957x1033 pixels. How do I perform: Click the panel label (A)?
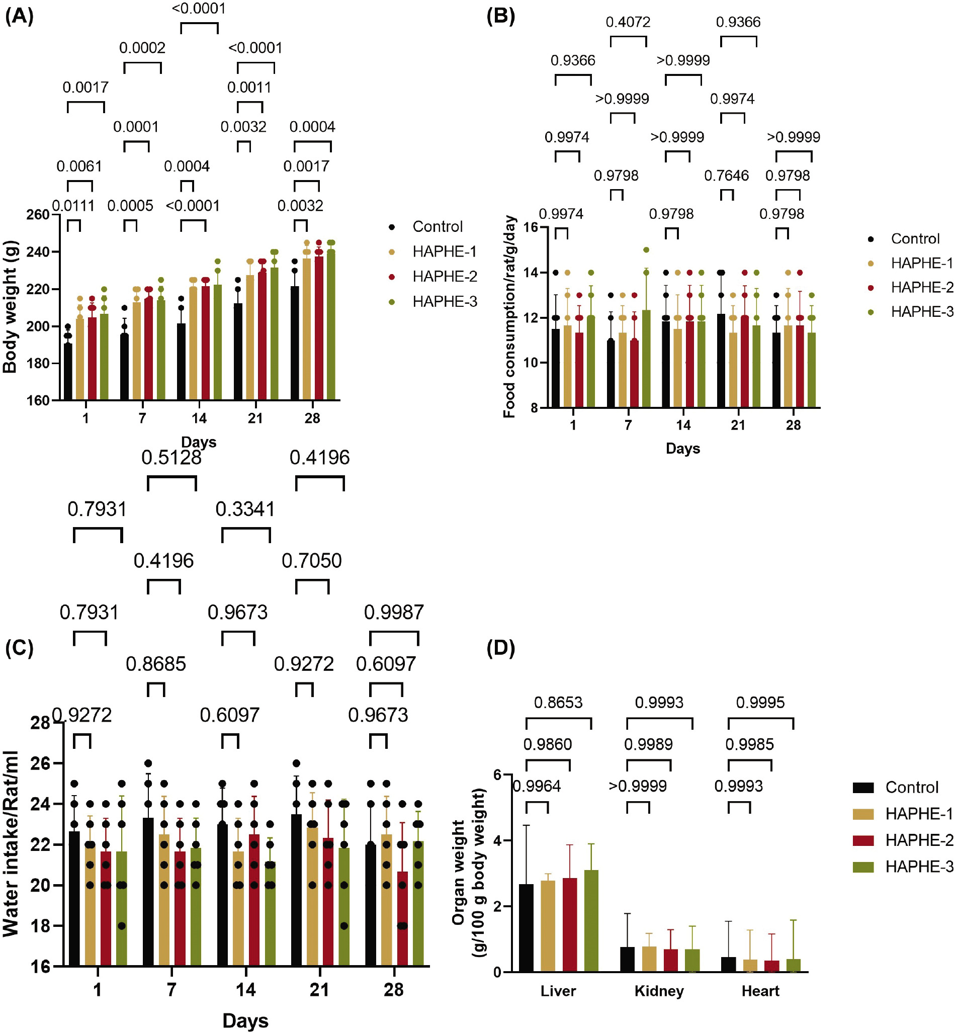click(19, 17)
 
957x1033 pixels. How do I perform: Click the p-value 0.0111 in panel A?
click(73, 206)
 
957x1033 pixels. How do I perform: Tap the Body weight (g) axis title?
click(11, 307)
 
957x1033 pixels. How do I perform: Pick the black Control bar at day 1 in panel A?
click(68, 371)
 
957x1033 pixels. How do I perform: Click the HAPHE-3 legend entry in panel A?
click(445, 301)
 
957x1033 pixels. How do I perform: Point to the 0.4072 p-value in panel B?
click(628, 22)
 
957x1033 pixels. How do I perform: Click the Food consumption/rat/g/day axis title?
click(509, 317)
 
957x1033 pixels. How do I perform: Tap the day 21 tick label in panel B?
click(738, 425)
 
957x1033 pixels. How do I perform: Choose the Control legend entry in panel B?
click(915, 239)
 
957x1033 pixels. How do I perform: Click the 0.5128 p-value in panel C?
click(171, 458)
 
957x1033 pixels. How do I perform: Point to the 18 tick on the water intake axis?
click(40, 926)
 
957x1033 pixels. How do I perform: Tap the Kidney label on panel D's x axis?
click(659, 991)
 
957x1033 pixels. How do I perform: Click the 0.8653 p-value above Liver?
click(558, 703)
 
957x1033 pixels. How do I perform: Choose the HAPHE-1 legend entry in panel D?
click(919, 814)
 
